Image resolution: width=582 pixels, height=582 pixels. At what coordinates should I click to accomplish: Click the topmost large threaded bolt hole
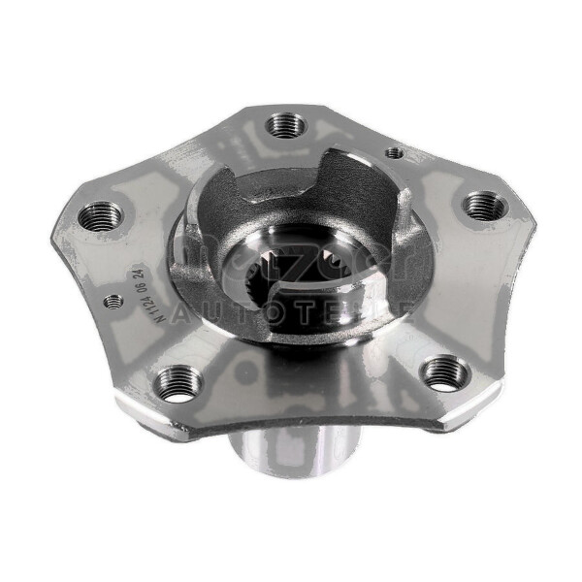285,123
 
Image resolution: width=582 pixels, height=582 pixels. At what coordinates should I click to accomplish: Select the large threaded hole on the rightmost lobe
484,206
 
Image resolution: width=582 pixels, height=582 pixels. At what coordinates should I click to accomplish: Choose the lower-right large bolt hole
446,372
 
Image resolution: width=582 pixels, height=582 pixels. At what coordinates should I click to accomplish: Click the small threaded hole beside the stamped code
113,302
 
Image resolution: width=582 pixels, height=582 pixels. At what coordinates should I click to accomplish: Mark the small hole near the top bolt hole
393,152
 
